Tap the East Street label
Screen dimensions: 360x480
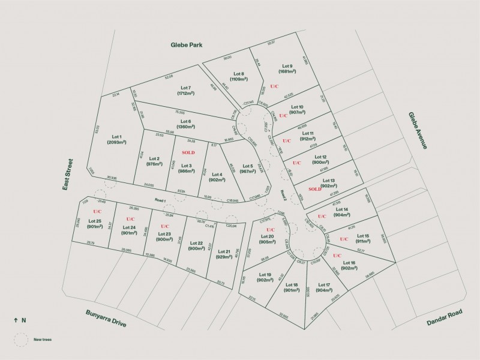coord(69,175)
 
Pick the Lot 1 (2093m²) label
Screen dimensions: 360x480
coord(116,139)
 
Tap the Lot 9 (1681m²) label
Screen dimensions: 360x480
coord(287,69)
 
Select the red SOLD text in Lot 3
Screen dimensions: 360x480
coord(188,153)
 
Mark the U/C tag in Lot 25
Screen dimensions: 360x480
coord(97,212)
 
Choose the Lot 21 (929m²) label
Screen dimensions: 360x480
coord(224,254)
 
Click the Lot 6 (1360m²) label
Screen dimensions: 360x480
coord(185,124)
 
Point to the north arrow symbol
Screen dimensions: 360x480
coord(15,320)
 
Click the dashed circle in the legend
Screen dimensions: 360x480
coord(22,340)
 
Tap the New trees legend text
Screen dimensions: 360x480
coord(43,340)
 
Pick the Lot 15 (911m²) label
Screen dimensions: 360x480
coord(362,239)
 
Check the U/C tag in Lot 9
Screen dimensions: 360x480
coord(274,86)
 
